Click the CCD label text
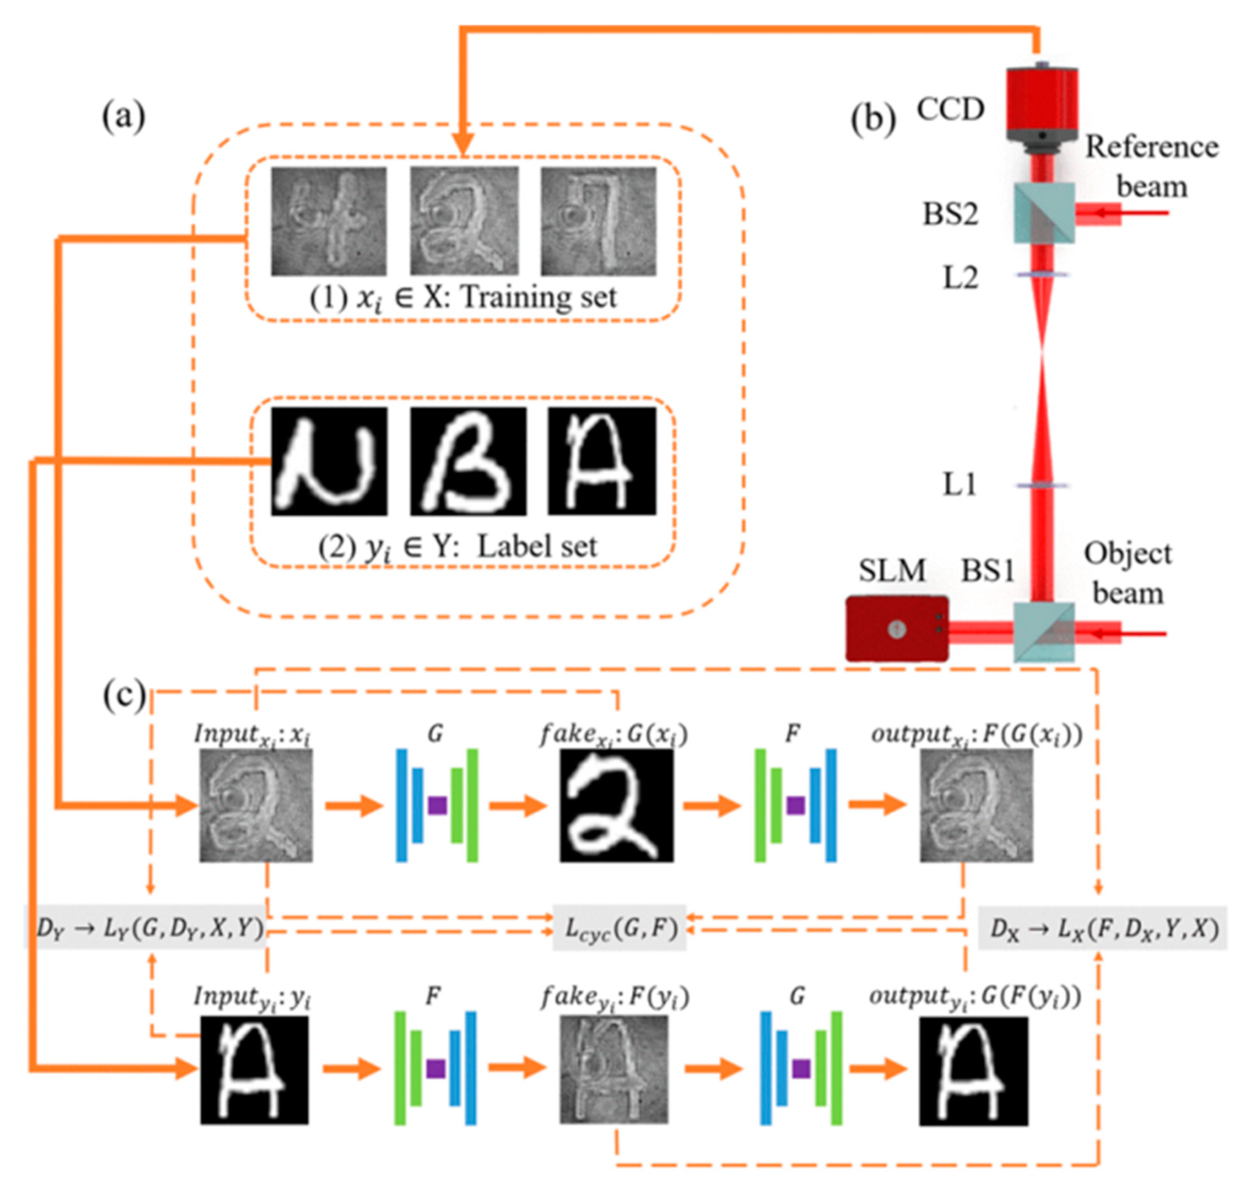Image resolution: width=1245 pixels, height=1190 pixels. (950, 109)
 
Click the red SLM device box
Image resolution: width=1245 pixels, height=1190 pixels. (897, 628)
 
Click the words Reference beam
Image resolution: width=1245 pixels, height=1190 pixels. (1152, 166)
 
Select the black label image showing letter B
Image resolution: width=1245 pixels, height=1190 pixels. (468, 461)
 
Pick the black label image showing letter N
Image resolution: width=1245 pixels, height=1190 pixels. (329, 461)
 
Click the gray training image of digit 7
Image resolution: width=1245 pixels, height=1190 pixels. (598, 221)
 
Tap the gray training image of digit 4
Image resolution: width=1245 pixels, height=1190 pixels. (328, 221)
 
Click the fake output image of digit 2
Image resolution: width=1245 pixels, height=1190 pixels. (617, 805)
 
